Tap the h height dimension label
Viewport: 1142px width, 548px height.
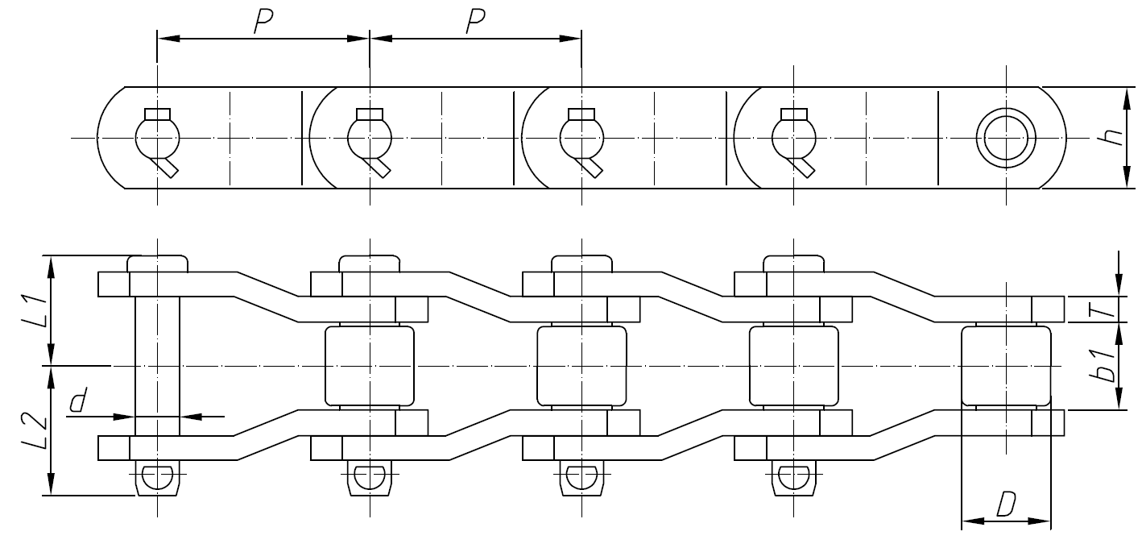pos(1114,138)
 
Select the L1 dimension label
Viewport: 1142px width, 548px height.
pos(31,309)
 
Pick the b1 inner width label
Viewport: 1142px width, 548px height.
pos(1107,364)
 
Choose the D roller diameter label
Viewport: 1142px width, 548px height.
pos(1005,505)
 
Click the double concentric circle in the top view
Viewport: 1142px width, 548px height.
pos(1006,138)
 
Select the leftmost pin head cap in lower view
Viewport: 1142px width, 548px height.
pos(157,264)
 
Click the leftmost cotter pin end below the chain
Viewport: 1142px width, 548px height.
pos(157,479)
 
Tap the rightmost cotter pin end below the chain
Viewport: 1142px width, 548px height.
pos(793,479)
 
